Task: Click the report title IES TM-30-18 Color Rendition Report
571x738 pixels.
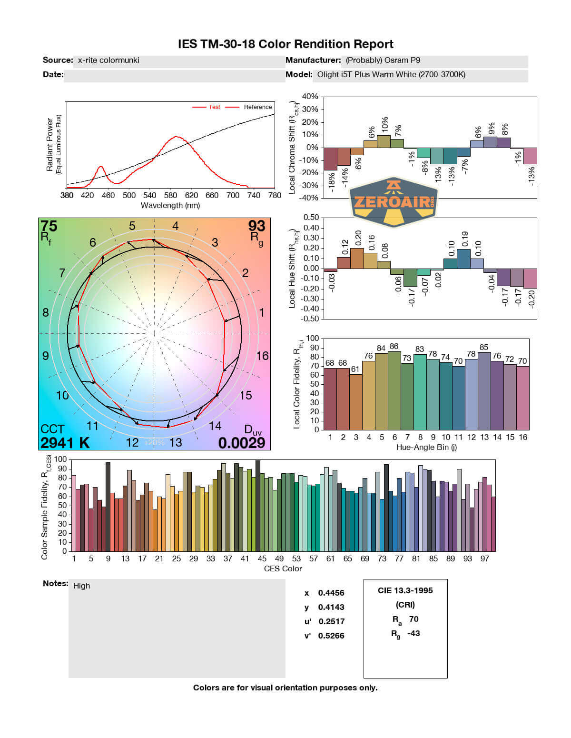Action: coord(285,44)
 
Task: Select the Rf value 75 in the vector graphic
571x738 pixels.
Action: coord(49,226)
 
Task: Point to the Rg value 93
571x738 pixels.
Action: coord(256,226)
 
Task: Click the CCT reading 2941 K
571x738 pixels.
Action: coord(65,443)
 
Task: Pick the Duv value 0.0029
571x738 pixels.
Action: coord(241,443)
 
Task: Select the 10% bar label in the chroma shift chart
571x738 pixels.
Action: coord(384,125)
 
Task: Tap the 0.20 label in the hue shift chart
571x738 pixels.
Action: coord(358,238)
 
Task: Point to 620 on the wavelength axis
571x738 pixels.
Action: coord(191,195)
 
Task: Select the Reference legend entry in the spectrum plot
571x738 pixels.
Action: coord(257,107)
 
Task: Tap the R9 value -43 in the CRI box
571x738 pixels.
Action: coord(413,633)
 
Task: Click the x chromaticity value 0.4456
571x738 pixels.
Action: coord(331,593)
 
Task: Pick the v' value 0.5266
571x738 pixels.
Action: coord(331,636)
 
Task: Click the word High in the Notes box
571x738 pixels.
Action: coord(81,586)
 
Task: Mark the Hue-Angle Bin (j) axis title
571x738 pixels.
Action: coord(426,447)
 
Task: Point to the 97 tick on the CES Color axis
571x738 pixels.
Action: coord(484,558)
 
